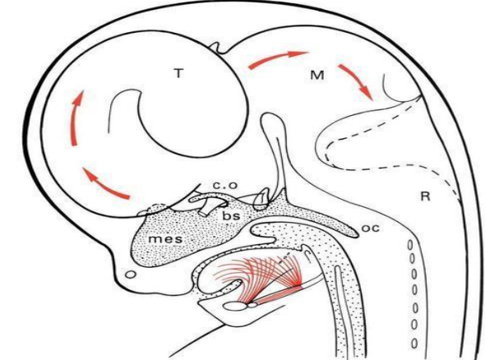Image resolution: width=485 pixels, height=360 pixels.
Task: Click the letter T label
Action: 178,74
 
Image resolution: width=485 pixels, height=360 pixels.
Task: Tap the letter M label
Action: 317,75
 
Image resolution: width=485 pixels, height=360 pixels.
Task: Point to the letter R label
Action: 426,196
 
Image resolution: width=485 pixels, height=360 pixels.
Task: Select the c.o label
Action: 225,185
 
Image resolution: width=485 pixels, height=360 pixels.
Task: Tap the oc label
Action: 370,228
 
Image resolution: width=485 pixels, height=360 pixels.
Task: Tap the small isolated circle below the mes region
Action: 132,274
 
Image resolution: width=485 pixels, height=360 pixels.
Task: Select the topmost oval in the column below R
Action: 410,245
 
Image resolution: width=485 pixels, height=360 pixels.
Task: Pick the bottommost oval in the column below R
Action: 414,343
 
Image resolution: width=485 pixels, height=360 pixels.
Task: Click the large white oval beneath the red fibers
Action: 235,307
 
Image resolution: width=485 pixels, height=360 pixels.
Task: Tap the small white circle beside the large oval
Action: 252,305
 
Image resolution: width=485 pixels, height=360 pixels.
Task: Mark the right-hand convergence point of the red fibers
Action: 298,284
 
